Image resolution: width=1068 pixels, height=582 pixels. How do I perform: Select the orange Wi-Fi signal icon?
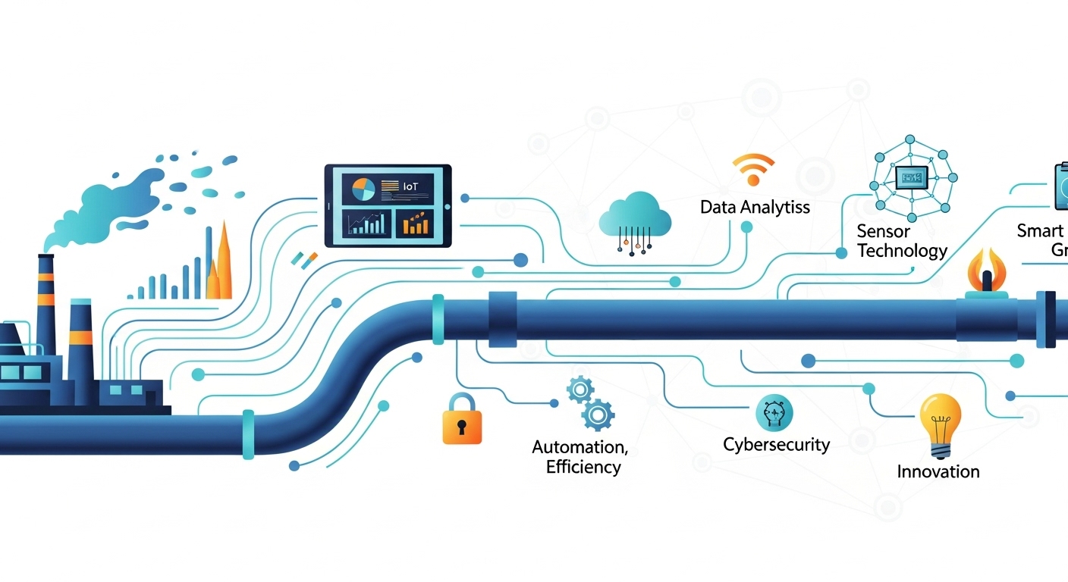753,170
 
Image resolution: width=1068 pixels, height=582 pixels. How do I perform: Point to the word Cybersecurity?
776,445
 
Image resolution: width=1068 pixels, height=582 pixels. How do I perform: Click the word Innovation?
938,471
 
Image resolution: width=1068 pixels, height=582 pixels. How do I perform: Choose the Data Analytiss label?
755,207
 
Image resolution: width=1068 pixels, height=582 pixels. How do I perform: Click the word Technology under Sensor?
902,251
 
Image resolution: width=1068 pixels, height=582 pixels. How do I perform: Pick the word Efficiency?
583,467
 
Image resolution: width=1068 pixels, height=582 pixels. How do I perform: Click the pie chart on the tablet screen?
363,189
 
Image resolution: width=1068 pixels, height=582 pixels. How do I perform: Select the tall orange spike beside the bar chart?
223,261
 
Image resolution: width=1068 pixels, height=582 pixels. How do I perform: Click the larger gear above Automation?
598,415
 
